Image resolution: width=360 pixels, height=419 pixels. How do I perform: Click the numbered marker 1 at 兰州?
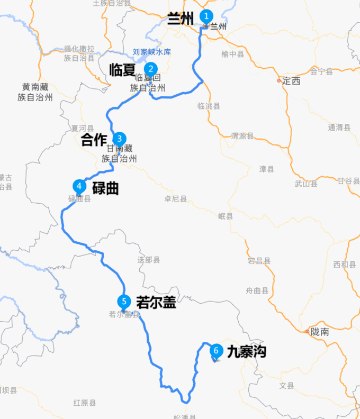coord(206,16)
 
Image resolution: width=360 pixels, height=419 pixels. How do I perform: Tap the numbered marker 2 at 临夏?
coord(151,69)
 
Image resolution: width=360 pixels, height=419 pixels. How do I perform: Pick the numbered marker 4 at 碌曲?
coord(79,186)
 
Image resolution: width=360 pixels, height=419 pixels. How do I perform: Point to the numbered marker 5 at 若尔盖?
coord(124,302)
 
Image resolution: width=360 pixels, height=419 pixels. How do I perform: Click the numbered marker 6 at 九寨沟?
coord(215,350)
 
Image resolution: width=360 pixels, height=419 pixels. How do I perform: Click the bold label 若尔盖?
coord(156,302)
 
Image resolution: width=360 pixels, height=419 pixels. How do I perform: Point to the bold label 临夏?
coord(123,69)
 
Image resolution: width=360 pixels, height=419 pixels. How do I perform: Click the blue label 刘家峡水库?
coord(151,52)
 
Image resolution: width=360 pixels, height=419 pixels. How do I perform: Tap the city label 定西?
coord(291,81)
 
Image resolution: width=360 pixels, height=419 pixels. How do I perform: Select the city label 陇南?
coord(320,332)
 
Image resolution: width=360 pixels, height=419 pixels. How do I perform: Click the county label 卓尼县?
coord(175,199)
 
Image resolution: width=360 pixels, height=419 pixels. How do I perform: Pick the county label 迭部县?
coord(149,260)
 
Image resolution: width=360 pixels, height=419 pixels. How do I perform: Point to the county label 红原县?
coord(85,403)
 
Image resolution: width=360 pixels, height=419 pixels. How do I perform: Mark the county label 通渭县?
coord(339,127)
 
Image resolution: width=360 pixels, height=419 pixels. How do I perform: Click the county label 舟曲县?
coord(257,290)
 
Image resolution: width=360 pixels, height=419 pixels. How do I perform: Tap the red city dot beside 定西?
coord(279,81)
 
